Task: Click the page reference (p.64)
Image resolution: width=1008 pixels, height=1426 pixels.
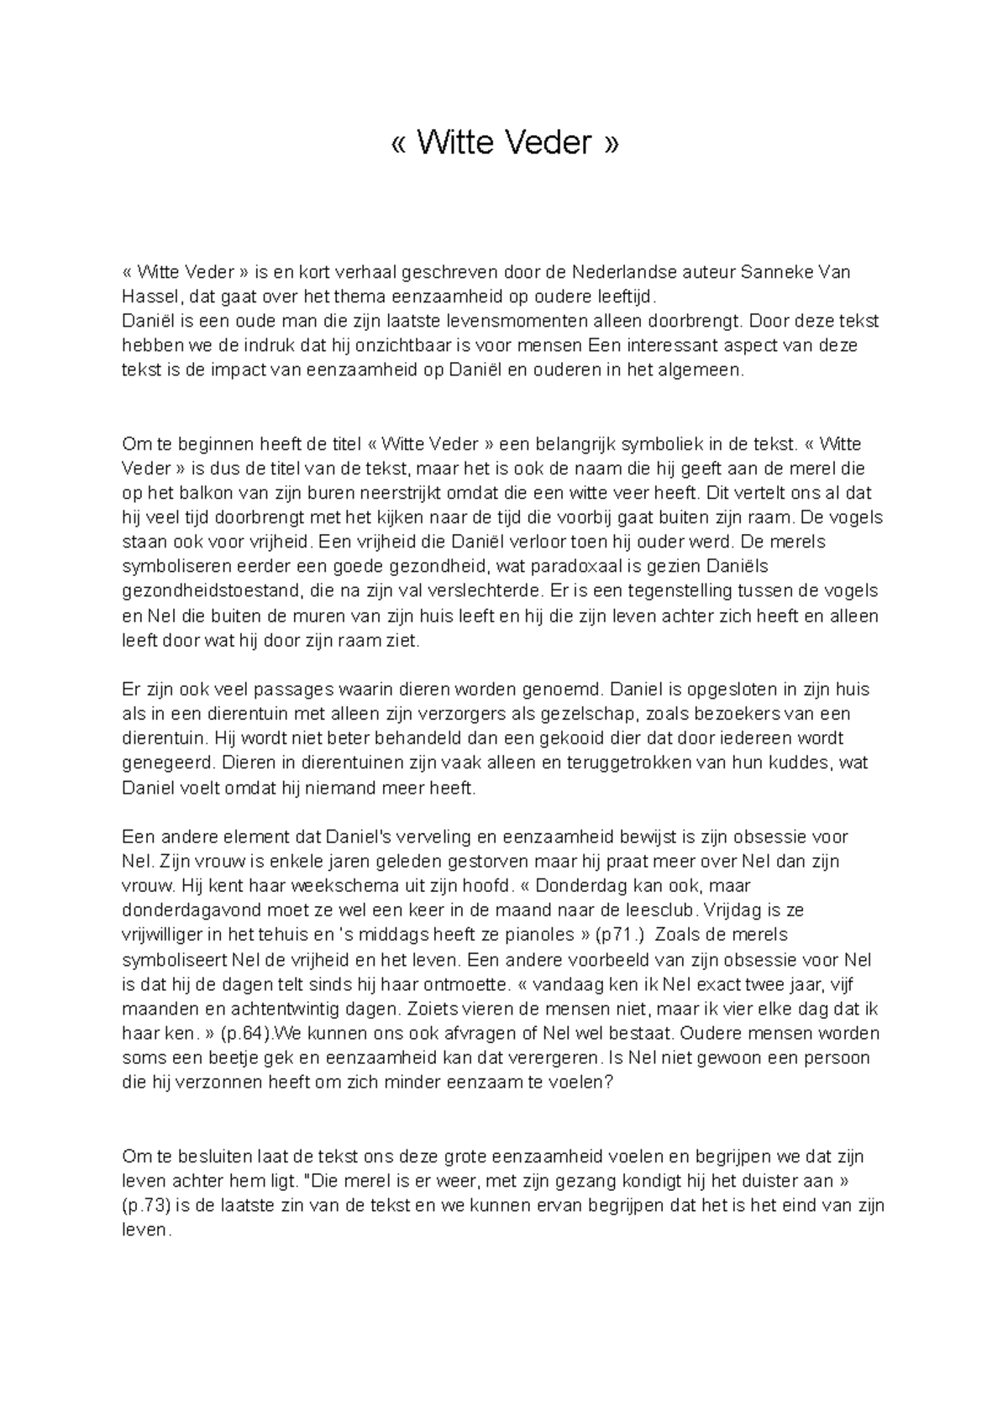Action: [x=238, y=1033]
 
